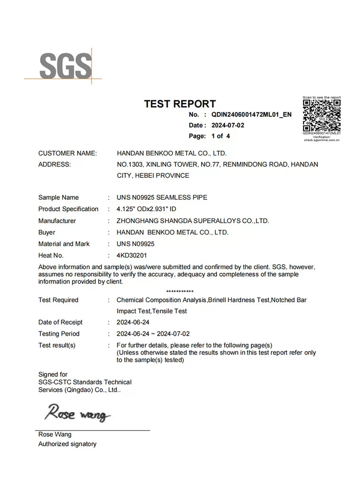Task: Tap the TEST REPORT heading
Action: click(180, 103)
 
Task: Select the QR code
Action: click(322, 115)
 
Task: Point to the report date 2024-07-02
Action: click(227, 125)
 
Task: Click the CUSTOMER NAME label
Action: click(67, 153)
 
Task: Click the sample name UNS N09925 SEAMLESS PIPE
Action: click(162, 197)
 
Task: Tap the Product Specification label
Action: click(68, 209)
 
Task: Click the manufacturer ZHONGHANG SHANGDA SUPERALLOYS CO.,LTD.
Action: click(193, 221)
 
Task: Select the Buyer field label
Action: click(47, 232)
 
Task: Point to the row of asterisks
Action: click(180, 291)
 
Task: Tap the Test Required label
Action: click(58, 300)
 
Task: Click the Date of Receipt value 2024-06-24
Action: click(133, 322)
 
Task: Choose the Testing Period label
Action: click(59, 334)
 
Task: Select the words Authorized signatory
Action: click(67, 444)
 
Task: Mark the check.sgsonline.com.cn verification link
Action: click(322, 141)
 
